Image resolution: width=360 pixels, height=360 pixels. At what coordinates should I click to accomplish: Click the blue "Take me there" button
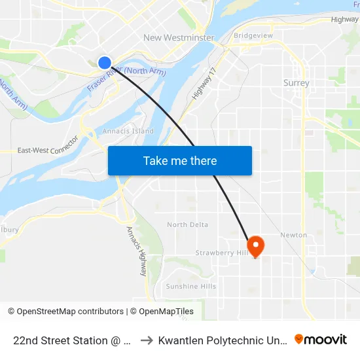[180, 160]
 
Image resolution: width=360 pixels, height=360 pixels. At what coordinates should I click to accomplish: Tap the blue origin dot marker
[105, 62]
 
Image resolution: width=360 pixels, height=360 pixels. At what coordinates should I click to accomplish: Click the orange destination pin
[255, 246]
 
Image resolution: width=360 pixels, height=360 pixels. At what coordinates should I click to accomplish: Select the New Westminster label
[179, 37]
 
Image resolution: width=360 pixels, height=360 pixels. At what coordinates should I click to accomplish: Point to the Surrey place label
[296, 83]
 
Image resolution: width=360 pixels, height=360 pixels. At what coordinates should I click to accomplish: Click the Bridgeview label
[253, 35]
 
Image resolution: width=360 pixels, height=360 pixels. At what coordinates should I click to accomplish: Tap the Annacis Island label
[128, 131]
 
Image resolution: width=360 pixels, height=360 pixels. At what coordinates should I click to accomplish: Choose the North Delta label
[187, 225]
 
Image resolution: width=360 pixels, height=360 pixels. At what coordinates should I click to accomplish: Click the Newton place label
[293, 235]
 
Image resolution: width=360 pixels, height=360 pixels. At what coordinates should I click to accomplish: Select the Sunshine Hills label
[191, 287]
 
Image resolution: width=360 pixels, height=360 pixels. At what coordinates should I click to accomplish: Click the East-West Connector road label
[48, 147]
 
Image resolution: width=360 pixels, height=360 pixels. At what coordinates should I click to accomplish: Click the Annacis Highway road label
[136, 251]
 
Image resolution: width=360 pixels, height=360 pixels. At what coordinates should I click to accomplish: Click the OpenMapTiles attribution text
[162, 312]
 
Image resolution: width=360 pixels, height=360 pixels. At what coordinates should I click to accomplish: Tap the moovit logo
[321, 340]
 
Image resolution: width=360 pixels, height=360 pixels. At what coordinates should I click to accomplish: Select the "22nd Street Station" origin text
[69, 340]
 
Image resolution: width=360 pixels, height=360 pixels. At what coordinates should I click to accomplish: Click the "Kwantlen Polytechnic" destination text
[223, 340]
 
